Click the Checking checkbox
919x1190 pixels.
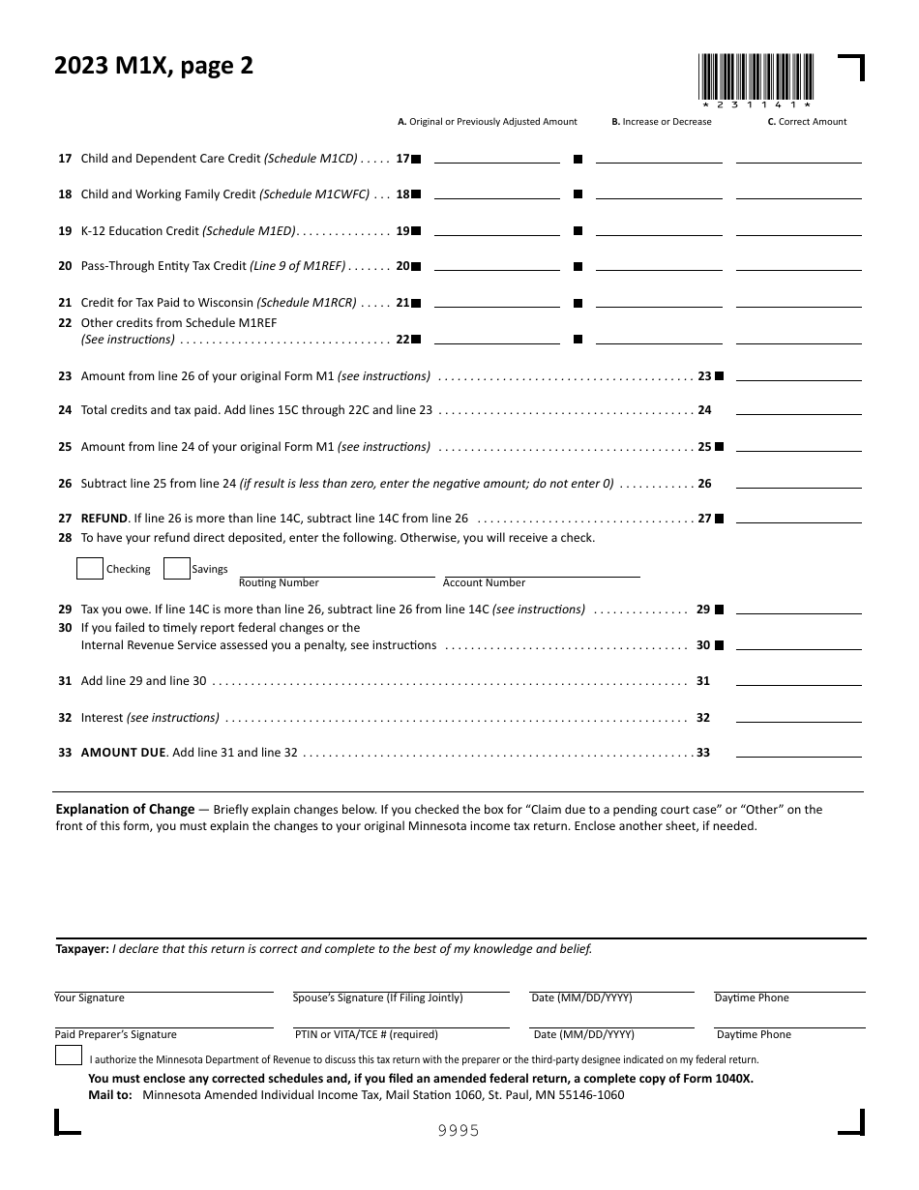[90, 569]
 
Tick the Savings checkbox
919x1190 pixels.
[177, 569]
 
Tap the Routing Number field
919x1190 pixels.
[336, 571]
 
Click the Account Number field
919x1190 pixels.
[541, 571]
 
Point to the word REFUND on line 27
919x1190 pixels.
[104, 519]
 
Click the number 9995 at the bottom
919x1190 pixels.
[459, 1131]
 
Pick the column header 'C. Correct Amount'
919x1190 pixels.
[807, 122]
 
